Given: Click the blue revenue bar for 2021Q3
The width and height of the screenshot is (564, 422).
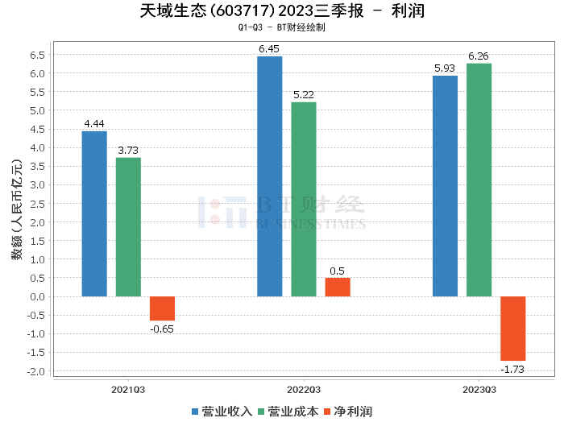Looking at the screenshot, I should [94, 213].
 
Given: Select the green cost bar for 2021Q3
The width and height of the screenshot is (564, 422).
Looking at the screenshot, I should [128, 227].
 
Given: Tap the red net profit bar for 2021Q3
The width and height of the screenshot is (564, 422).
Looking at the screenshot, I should [162, 308].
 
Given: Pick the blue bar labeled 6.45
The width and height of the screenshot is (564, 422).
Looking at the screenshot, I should [269, 176].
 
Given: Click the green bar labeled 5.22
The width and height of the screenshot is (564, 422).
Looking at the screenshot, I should [304, 199].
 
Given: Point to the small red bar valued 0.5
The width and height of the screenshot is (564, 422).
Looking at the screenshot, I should [338, 287].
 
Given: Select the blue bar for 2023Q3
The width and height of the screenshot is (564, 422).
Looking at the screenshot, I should [445, 186].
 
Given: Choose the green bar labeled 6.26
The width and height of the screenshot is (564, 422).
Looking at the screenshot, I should [479, 180].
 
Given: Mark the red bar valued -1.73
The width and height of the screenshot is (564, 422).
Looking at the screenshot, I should [512, 329].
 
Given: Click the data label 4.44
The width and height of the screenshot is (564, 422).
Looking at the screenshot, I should [94, 124].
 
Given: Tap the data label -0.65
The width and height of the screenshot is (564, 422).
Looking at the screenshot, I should [162, 329].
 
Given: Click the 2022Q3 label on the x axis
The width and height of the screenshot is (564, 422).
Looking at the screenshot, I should [304, 388].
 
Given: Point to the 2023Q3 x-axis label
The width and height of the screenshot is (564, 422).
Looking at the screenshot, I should [479, 388].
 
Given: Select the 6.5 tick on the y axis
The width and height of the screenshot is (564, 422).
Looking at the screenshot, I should [37, 55].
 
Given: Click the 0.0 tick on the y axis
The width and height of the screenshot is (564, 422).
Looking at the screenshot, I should [37, 296].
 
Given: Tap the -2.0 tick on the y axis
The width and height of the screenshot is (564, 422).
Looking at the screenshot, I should [35, 371].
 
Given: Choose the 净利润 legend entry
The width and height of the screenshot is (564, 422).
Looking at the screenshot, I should [347, 411].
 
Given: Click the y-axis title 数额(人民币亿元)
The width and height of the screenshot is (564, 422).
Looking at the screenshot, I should [16, 213].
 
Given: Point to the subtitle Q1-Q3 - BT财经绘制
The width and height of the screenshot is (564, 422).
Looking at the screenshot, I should [281, 27].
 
